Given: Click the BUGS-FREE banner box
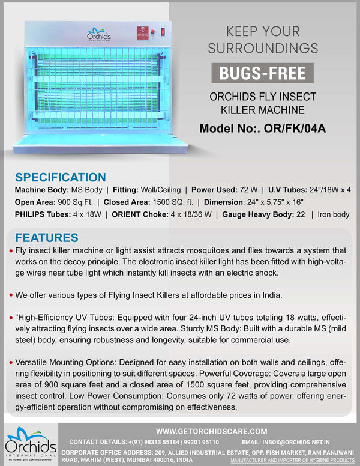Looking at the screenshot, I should [262, 73].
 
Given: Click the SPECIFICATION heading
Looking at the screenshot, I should [60, 177].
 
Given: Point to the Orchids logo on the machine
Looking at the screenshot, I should [99, 34].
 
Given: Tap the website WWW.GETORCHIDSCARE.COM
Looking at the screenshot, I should [211, 431].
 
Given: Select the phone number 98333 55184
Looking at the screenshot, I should [159, 442].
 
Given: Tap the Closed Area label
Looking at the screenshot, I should [127, 202].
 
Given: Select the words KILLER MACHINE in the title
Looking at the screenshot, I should [262, 110].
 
